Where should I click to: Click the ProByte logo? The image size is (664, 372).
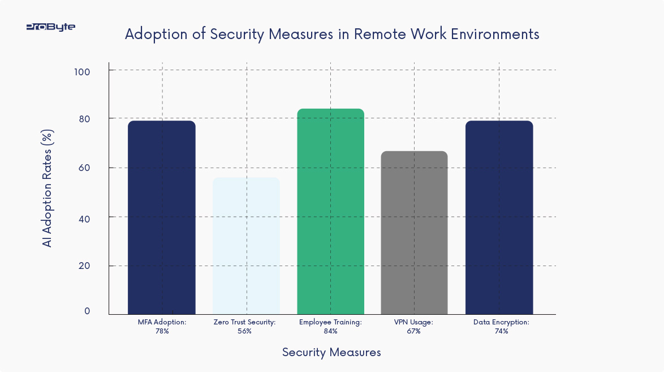tap(50, 27)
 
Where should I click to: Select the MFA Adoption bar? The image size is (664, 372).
tap(162, 218)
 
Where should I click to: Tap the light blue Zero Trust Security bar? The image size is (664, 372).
tap(246, 246)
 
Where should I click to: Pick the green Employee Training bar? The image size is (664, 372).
tap(330, 212)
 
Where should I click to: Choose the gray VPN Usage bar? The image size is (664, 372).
tap(414, 233)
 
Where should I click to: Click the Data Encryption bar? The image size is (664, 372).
tap(499, 218)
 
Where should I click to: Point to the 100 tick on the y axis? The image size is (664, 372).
tap(84, 71)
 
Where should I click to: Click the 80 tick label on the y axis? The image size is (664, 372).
tap(84, 119)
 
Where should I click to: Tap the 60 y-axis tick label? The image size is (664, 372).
tap(84, 168)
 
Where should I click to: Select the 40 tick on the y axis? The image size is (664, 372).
tap(84, 217)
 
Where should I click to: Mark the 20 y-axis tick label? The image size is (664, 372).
tap(84, 266)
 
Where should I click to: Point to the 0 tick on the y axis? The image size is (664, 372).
tap(87, 311)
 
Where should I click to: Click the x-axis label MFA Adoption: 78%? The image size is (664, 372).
tap(162, 326)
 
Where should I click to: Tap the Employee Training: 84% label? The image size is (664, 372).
tap(330, 326)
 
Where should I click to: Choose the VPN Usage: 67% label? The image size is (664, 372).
tap(413, 326)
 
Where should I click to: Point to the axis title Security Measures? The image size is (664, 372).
tap(331, 352)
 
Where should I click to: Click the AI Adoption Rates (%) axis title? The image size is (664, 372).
tap(48, 189)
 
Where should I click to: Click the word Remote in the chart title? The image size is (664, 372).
tap(377, 34)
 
